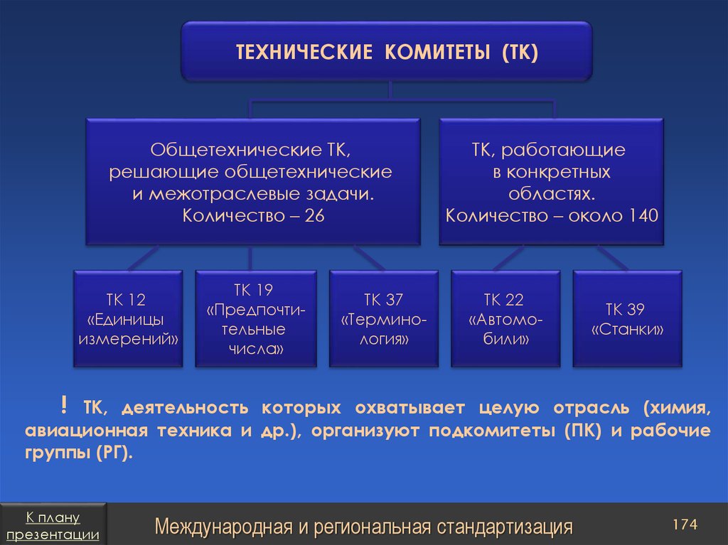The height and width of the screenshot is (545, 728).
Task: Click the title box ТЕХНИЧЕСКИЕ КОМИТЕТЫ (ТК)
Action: [x=387, y=52]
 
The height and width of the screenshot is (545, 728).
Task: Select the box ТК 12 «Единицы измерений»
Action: [x=128, y=319]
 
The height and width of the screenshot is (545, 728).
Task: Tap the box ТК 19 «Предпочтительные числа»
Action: [x=256, y=319]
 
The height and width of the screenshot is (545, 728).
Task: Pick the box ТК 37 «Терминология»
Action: [x=383, y=319]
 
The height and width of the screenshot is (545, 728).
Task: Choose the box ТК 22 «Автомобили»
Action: [x=505, y=319]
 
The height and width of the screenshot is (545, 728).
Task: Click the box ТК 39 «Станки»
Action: [x=627, y=319]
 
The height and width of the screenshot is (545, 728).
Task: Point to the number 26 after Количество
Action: [x=314, y=216]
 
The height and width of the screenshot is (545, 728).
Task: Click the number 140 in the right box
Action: [x=643, y=215]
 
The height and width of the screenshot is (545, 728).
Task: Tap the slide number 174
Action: [x=685, y=524]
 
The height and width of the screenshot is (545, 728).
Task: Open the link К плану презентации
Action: [x=53, y=526]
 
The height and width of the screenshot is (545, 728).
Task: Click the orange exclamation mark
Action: [x=63, y=405]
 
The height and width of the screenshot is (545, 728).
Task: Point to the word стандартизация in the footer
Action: [x=505, y=527]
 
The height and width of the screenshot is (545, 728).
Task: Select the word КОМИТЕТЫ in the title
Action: [x=437, y=52]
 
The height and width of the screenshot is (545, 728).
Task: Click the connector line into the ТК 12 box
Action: [x=143, y=258]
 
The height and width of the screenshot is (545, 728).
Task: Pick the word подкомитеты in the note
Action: [x=492, y=431]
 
